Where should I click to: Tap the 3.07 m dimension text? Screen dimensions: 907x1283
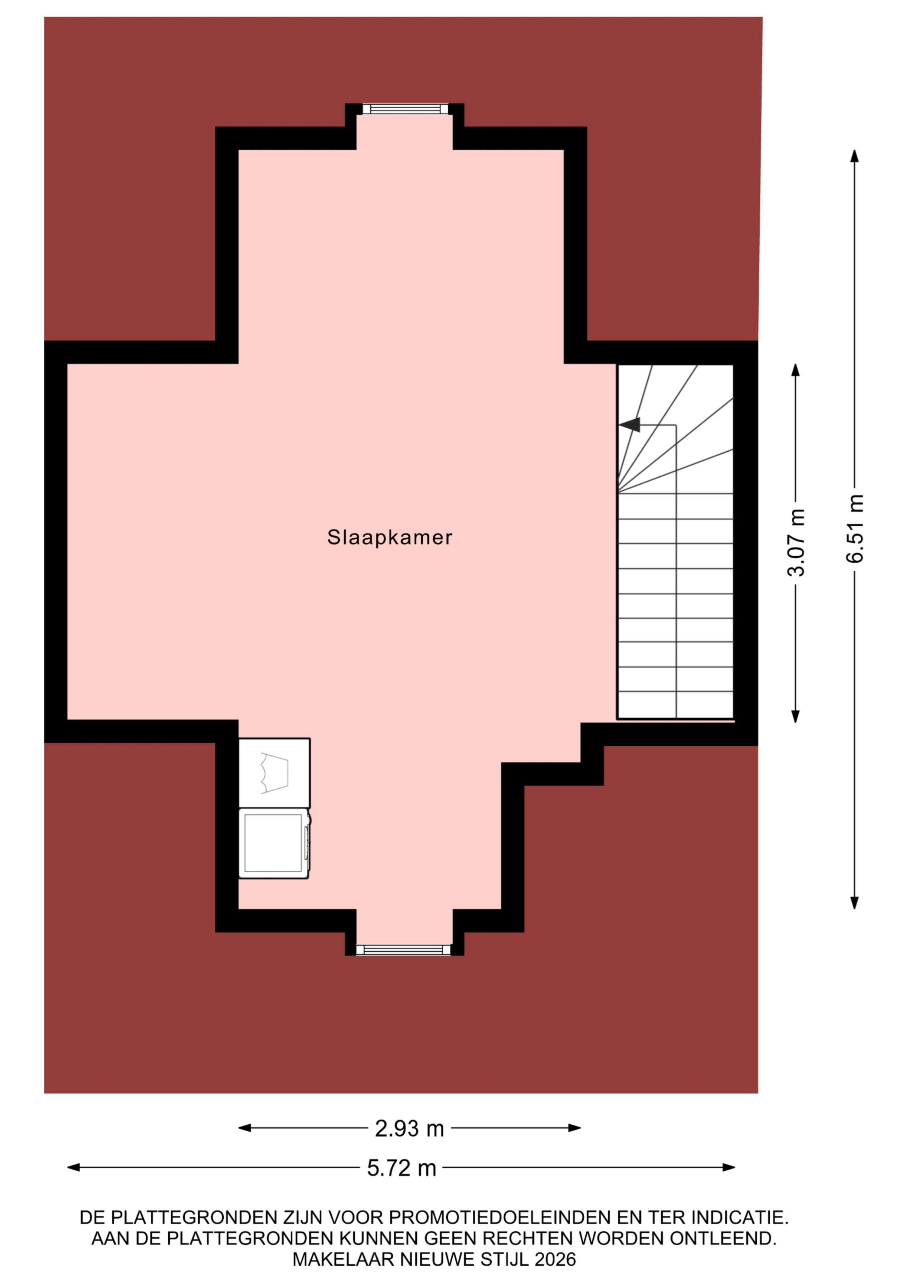pos(796,542)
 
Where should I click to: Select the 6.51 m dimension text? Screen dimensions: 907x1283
pos(855,528)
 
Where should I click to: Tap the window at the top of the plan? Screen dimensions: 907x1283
pos(405,108)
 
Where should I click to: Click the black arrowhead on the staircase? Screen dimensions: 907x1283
pos(629,425)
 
